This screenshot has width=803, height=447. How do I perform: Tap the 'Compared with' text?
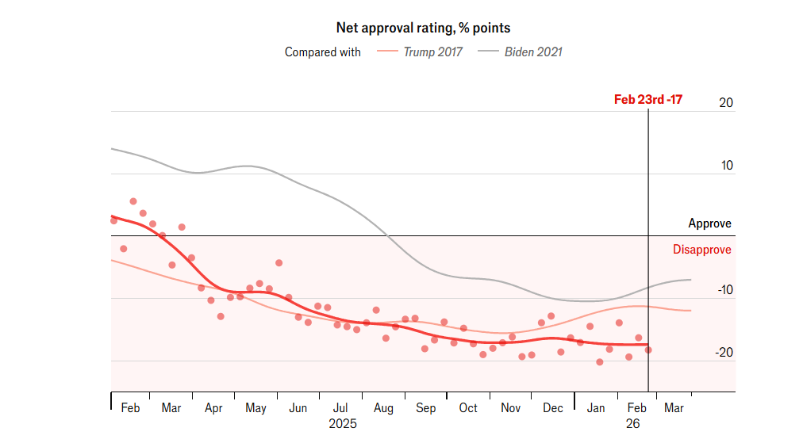[322, 52]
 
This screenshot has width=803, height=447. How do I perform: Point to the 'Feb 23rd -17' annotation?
[647, 100]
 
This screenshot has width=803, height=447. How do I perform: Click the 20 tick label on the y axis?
[726, 103]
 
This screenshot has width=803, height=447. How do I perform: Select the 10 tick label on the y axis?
[726, 166]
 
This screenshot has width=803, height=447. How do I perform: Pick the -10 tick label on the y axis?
[724, 291]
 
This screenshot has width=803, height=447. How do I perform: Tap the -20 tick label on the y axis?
[724, 353]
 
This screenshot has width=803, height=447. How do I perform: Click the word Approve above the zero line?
[709, 223]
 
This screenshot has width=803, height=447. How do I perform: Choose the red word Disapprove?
[701, 250]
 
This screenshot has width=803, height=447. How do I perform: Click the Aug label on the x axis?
[383, 408]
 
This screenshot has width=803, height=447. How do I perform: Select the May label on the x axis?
[255, 408]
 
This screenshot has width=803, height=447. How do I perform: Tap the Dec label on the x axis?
[553, 408]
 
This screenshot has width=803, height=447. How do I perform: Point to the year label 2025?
[343, 424]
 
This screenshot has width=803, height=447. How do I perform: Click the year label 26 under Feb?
[632, 424]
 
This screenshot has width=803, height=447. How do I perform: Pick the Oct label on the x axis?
[468, 408]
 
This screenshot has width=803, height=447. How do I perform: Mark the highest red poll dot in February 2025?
[133, 201]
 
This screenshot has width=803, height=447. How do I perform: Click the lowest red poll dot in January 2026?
[600, 362]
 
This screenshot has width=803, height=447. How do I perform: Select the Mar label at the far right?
[674, 408]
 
